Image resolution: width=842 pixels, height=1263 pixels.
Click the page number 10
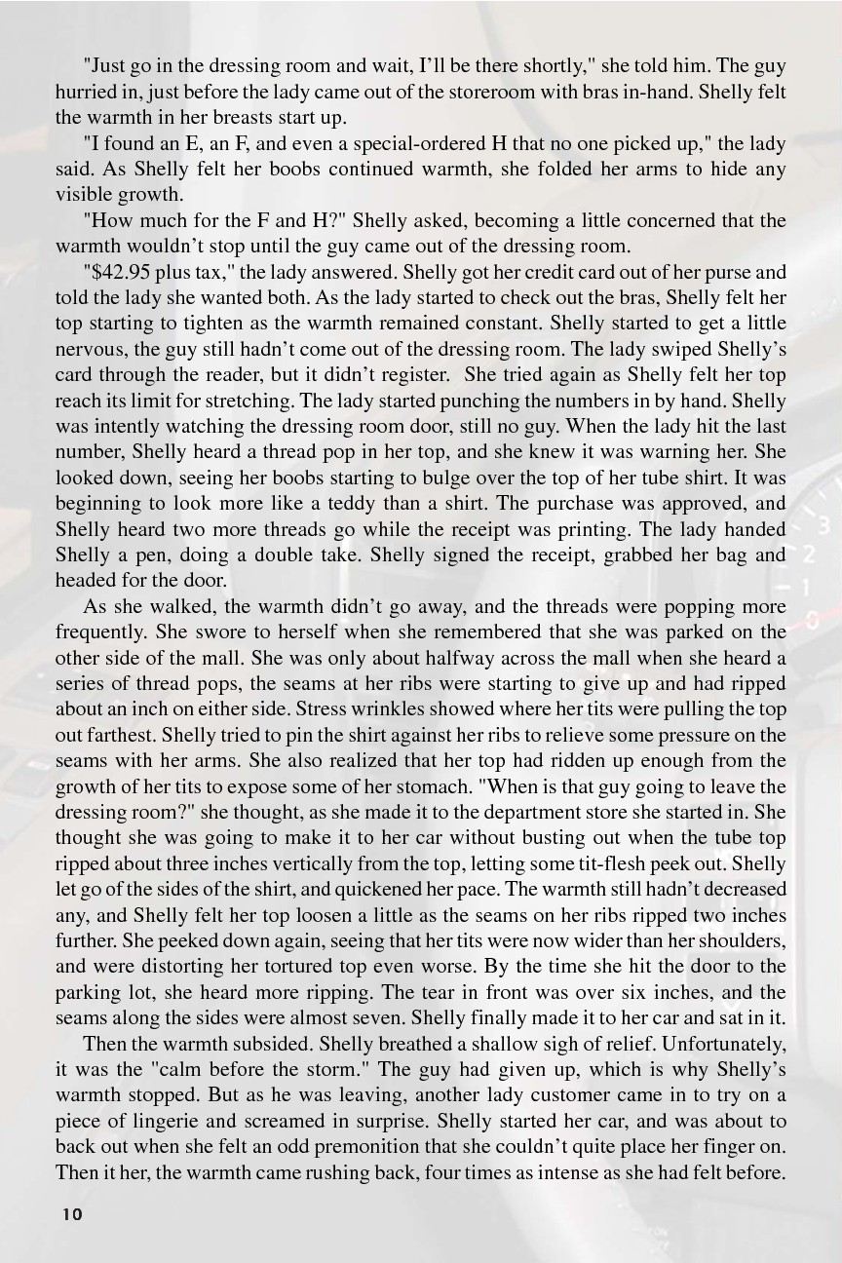71,1213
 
